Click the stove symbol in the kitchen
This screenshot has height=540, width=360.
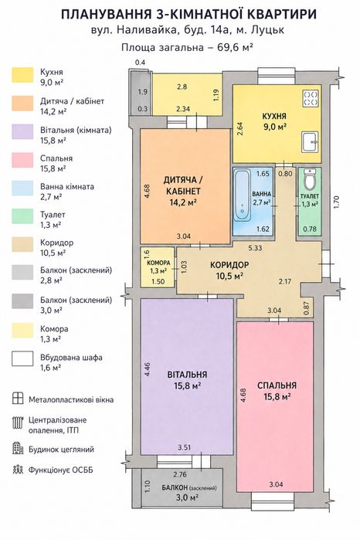point(311,98)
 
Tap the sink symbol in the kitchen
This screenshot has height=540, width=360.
point(311,142)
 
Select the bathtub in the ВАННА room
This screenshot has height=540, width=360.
point(243,195)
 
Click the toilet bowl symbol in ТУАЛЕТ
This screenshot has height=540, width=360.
point(309,179)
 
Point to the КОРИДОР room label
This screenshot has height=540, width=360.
point(229,265)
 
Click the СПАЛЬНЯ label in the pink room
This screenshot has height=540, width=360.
point(277,385)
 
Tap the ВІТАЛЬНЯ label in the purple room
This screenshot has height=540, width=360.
point(188,375)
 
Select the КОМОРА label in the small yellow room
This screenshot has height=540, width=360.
point(158,263)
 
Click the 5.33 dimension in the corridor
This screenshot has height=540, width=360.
point(255,248)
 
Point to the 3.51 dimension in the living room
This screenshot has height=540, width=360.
point(185,447)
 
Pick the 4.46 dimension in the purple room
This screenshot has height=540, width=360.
point(148,368)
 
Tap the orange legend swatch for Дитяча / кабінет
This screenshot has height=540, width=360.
point(22,104)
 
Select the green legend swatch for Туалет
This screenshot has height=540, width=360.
point(22,216)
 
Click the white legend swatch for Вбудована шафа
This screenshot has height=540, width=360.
point(22,358)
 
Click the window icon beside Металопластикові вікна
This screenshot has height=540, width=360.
point(17,398)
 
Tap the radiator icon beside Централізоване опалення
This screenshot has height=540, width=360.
point(17,423)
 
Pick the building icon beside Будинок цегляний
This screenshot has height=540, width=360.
point(17,448)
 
